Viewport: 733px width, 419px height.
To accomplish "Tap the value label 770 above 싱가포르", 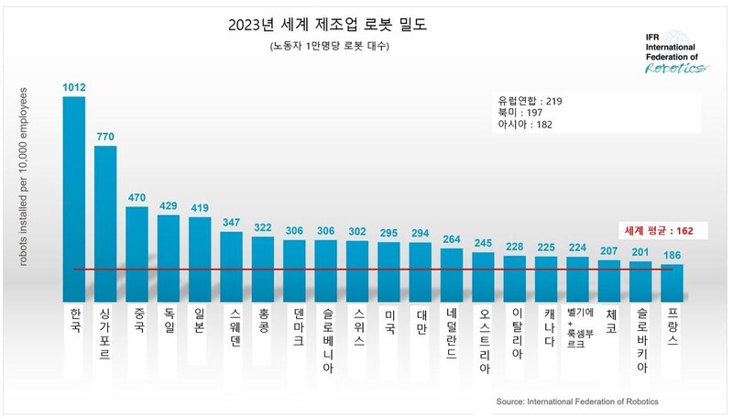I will tap(105, 137).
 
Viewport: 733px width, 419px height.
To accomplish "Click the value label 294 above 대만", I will tap(420, 234).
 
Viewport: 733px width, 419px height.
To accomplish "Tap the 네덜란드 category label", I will tap(451, 335).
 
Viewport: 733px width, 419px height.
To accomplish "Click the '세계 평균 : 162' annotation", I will tap(658, 232).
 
